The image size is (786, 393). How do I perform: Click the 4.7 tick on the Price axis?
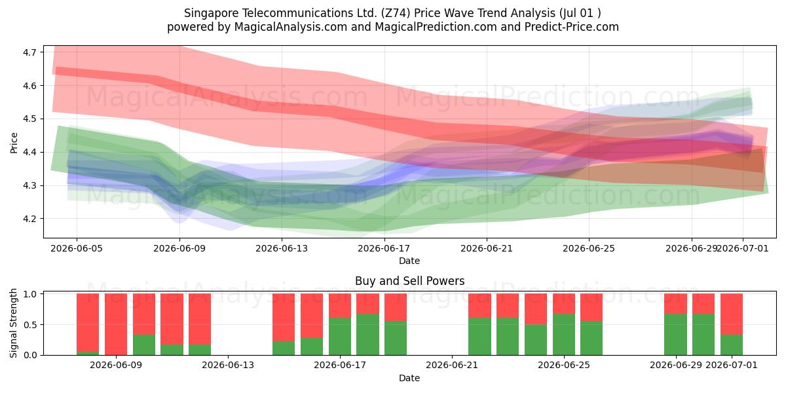click(29, 52)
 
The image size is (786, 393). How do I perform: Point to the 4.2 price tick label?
click(29, 219)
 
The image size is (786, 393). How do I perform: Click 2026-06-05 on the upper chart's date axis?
click(77, 248)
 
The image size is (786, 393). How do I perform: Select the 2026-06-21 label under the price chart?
click(486, 248)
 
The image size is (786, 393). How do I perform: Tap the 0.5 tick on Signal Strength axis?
click(30, 325)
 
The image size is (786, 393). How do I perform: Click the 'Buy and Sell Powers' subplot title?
click(409, 281)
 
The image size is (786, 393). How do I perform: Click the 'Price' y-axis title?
click(14, 143)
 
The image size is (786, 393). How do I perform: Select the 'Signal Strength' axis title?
click(13, 323)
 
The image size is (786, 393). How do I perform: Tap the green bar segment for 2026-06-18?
click(367, 335)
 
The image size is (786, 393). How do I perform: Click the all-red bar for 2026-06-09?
click(116, 324)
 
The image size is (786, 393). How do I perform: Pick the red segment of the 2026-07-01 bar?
click(732, 314)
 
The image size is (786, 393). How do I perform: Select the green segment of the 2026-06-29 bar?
click(675, 335)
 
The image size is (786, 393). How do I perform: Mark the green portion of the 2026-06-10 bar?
click(144, 345)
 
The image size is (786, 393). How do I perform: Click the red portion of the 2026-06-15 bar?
click(284, 318)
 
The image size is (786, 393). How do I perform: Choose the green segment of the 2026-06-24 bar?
click(536, 340)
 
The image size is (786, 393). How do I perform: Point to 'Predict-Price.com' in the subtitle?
click(572, 27)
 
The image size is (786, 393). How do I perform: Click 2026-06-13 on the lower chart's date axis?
click(228, 365)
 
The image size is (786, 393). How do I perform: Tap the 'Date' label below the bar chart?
click(409, 378)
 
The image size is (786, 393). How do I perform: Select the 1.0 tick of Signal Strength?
click(30, 294)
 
